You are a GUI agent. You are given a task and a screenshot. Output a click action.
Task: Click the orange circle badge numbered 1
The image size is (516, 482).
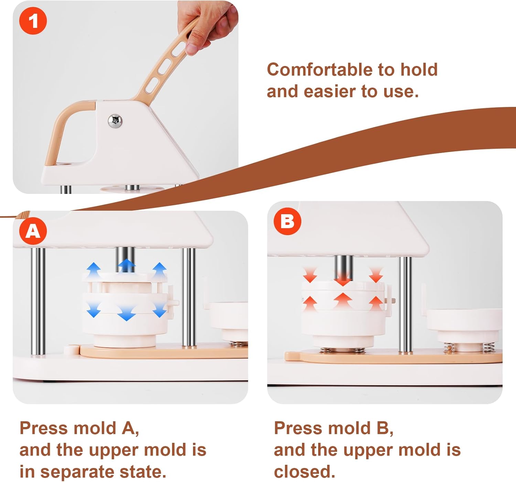(x=33, y=21)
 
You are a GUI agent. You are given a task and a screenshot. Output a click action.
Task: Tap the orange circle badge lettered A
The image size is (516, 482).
(x=33, y=231)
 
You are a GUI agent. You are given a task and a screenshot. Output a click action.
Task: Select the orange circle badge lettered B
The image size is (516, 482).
(x=287, y=221)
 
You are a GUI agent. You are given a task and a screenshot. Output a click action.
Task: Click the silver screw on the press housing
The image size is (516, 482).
(x=115, y=121)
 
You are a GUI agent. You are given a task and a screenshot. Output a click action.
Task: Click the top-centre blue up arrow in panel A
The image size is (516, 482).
(x=127, y=265)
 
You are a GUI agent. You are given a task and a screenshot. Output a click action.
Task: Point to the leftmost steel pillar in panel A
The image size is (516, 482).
(x=38, y=301)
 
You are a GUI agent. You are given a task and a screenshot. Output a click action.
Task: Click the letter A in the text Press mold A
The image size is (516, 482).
(x=129, y=428)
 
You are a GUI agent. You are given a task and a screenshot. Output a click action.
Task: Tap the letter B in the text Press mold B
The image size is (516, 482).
(x=383, y=428)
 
